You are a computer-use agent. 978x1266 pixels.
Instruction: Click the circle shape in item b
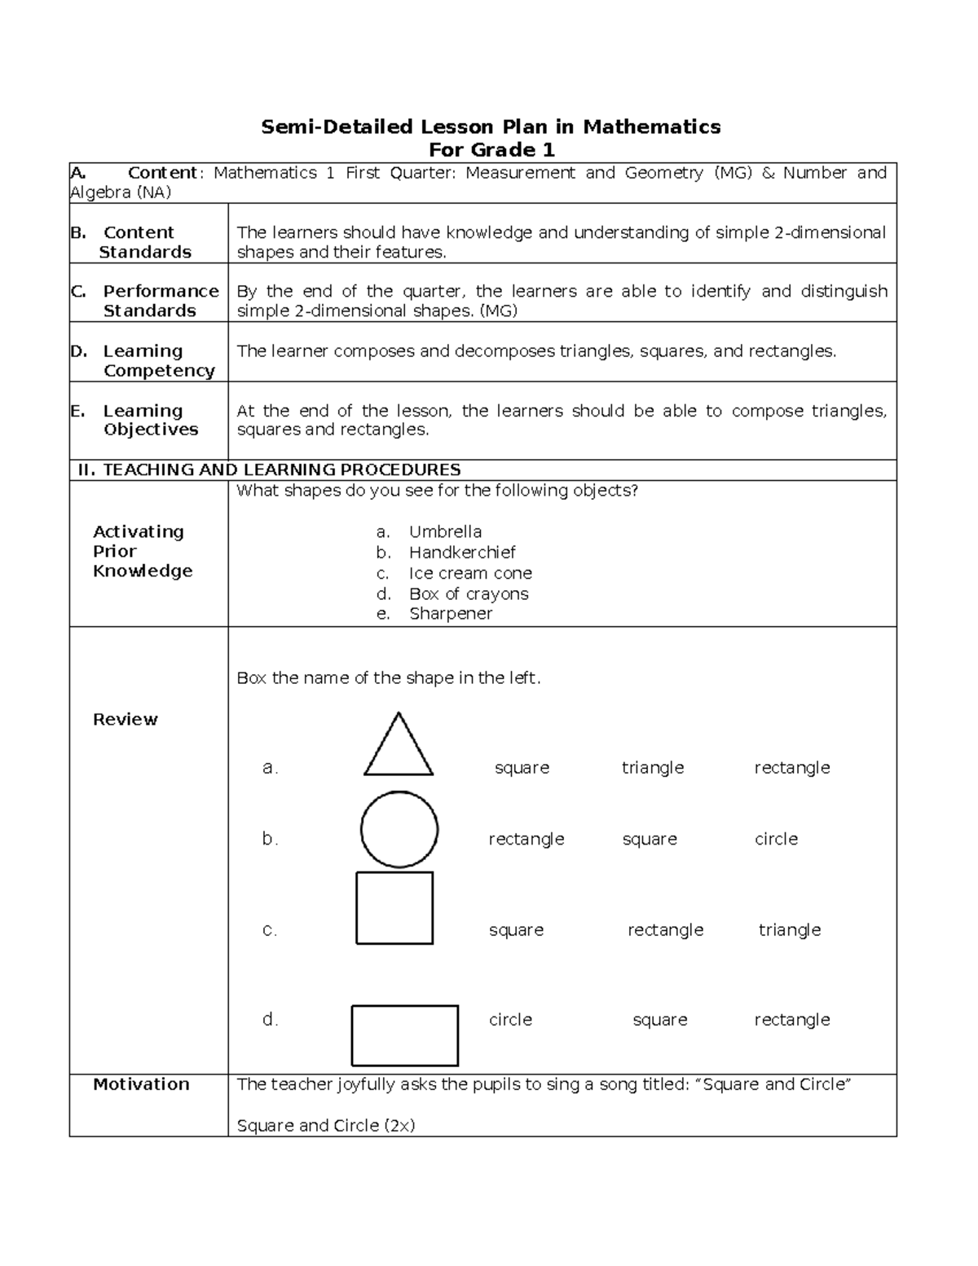pyautogui.click(x=399, y=829)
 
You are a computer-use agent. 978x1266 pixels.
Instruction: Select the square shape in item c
pyautogui.click(x=394, y=907)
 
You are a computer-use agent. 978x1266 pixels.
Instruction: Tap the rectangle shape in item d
pyautogui.click(x=404, y=1035)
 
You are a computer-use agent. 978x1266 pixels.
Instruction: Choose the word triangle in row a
pyautogui.click(x=652, y=768)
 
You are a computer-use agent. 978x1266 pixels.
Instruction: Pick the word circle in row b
pyautogui.click(x=776, y=839)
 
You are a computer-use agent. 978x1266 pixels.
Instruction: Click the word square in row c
pyautogui.click(x=516, y=930)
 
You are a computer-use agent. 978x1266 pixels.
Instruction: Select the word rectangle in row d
pyautogui.click(x=791, y=1020)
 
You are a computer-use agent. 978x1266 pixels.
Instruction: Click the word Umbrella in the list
pyautogui.click(x=445, y=532)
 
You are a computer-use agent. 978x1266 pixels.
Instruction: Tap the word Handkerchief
pyautogui.click(x=462, y=553)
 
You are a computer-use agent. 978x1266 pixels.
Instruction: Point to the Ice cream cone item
pyautogui.click(x=470, y=573)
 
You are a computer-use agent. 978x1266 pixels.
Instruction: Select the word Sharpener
pyautogui.click(x=451, y=614)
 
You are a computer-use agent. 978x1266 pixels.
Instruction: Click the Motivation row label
pyautogui.click(x=141, y=1084)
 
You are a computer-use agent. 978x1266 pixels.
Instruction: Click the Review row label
pyautogui.click(x=126, y=719)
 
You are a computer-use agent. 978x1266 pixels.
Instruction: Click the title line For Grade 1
pyautogui.click(x=491, y=150)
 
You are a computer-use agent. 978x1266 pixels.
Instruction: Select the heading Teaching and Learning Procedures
pyautogui.click(x=269, y=470)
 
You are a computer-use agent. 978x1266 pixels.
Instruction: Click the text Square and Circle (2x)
pyautogui.click(x=326, y=1126)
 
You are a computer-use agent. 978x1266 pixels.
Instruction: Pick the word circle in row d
pyautogui.click(x=510, y=1020)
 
